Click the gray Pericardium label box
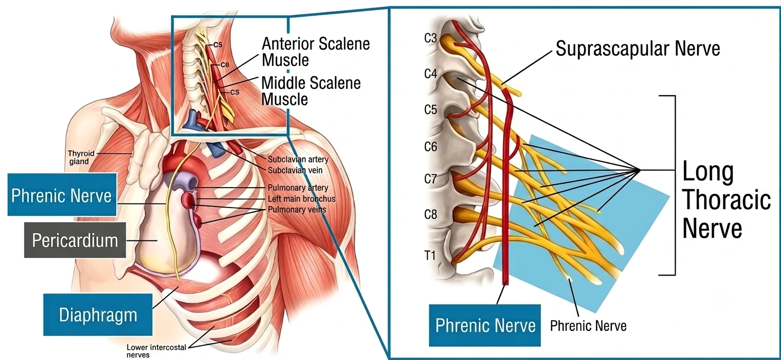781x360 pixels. click(75, 240)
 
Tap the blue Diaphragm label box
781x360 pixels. click(98, 314)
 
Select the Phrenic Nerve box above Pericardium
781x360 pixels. click(62, 194)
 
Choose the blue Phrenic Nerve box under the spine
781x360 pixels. click(485, 326)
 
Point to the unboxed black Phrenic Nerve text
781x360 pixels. click(588, 326)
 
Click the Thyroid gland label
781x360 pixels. click(81, 157)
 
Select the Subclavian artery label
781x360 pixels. click(298, 159)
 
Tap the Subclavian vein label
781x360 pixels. click(295, 170)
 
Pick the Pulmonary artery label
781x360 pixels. click(298, 188)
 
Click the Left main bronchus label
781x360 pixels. click(301, 198)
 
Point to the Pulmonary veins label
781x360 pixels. click(297, 210)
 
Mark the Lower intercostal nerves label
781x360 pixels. click(156, 351)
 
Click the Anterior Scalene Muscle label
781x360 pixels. click(316, 52)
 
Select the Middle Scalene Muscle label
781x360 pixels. click(311, 91)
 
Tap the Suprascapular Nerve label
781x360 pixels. click(638, 48)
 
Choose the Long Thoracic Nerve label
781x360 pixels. click(726, 199)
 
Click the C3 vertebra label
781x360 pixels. click(431, 38)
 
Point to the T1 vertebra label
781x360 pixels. click(430, 256)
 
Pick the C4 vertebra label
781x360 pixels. click(431, 74)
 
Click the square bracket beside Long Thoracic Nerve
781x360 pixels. click(675, 186)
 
